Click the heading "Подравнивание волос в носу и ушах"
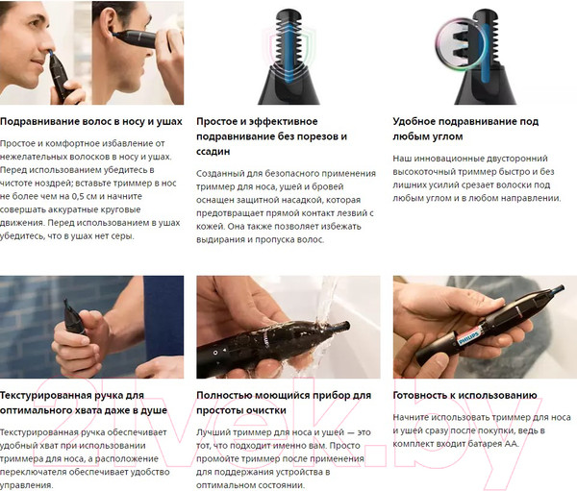tap(91, 122)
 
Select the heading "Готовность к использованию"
tap(464, 395)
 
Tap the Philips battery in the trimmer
tap(468, 337)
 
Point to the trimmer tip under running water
tap(343, 326)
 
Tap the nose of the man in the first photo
tap(49, 44)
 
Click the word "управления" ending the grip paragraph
tap(26, 485)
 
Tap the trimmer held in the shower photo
tap(73, 318)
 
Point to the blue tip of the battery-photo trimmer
tap(559, 288)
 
